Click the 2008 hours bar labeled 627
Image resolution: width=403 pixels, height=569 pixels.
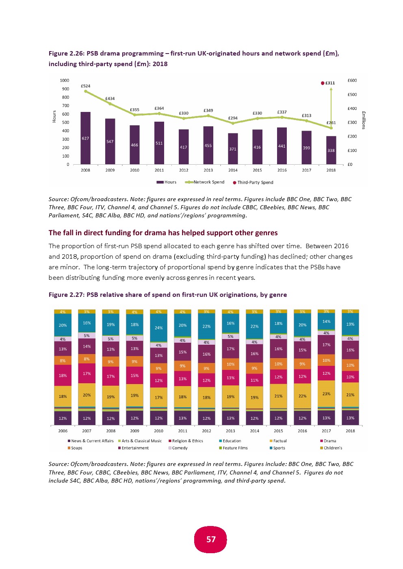85,138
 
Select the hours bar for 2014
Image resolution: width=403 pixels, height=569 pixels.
233,149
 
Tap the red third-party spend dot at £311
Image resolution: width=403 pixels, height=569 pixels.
323,83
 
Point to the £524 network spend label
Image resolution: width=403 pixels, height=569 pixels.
85,86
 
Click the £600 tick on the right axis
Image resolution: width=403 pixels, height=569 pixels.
352,80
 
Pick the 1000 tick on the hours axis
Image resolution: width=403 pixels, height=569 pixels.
65,80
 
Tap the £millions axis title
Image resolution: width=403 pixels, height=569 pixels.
364,120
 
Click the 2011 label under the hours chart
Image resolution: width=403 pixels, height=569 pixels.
159,170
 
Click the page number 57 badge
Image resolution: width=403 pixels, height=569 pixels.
211,539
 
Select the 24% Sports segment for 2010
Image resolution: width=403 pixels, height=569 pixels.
158,328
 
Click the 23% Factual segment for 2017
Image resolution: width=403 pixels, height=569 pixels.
326,394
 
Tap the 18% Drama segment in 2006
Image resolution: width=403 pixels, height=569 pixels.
63,376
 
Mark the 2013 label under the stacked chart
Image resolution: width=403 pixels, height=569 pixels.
230,431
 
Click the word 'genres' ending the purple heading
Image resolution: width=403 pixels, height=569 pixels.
266,233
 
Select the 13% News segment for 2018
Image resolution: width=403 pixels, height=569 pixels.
350,418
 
